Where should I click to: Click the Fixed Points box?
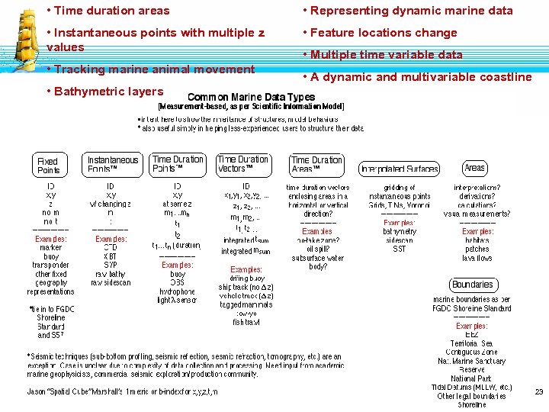[48, 166]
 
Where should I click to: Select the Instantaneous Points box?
[113, 165]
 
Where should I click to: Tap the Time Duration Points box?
[178, 164]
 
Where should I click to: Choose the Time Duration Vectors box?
[242, 164]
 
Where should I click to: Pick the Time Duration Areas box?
[316, 165]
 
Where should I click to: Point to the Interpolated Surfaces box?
[399, 169]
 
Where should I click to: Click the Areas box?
[474, 167]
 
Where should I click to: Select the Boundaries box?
[472, 285]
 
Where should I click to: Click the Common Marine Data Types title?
[251, 97]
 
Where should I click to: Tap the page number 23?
[538, 391]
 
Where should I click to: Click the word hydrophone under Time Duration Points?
[178, 291]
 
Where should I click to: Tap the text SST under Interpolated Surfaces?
[400, 249]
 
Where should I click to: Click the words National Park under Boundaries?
[471, 378]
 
